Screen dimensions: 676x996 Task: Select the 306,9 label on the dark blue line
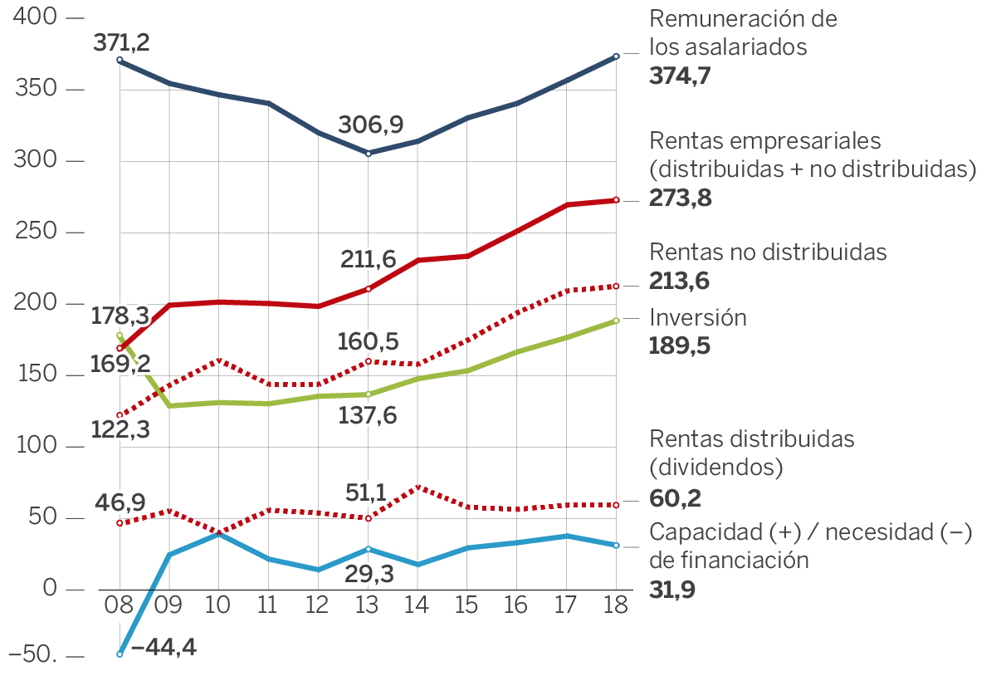370,125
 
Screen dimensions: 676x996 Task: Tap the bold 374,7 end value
681,76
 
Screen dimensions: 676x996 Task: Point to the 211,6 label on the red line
369,260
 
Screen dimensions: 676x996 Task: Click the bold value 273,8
681,199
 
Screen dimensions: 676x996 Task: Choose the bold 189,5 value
680,346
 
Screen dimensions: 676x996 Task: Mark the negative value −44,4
164,647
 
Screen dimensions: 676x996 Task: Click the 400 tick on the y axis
32,17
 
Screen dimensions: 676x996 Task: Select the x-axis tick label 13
368,605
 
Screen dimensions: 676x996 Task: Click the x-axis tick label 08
120,605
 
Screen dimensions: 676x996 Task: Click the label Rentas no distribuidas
768,251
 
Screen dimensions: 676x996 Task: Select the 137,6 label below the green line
368,414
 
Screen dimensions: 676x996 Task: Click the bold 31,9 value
673,590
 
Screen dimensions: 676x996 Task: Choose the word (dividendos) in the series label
716,467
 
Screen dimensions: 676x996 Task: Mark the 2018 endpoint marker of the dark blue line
616,56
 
